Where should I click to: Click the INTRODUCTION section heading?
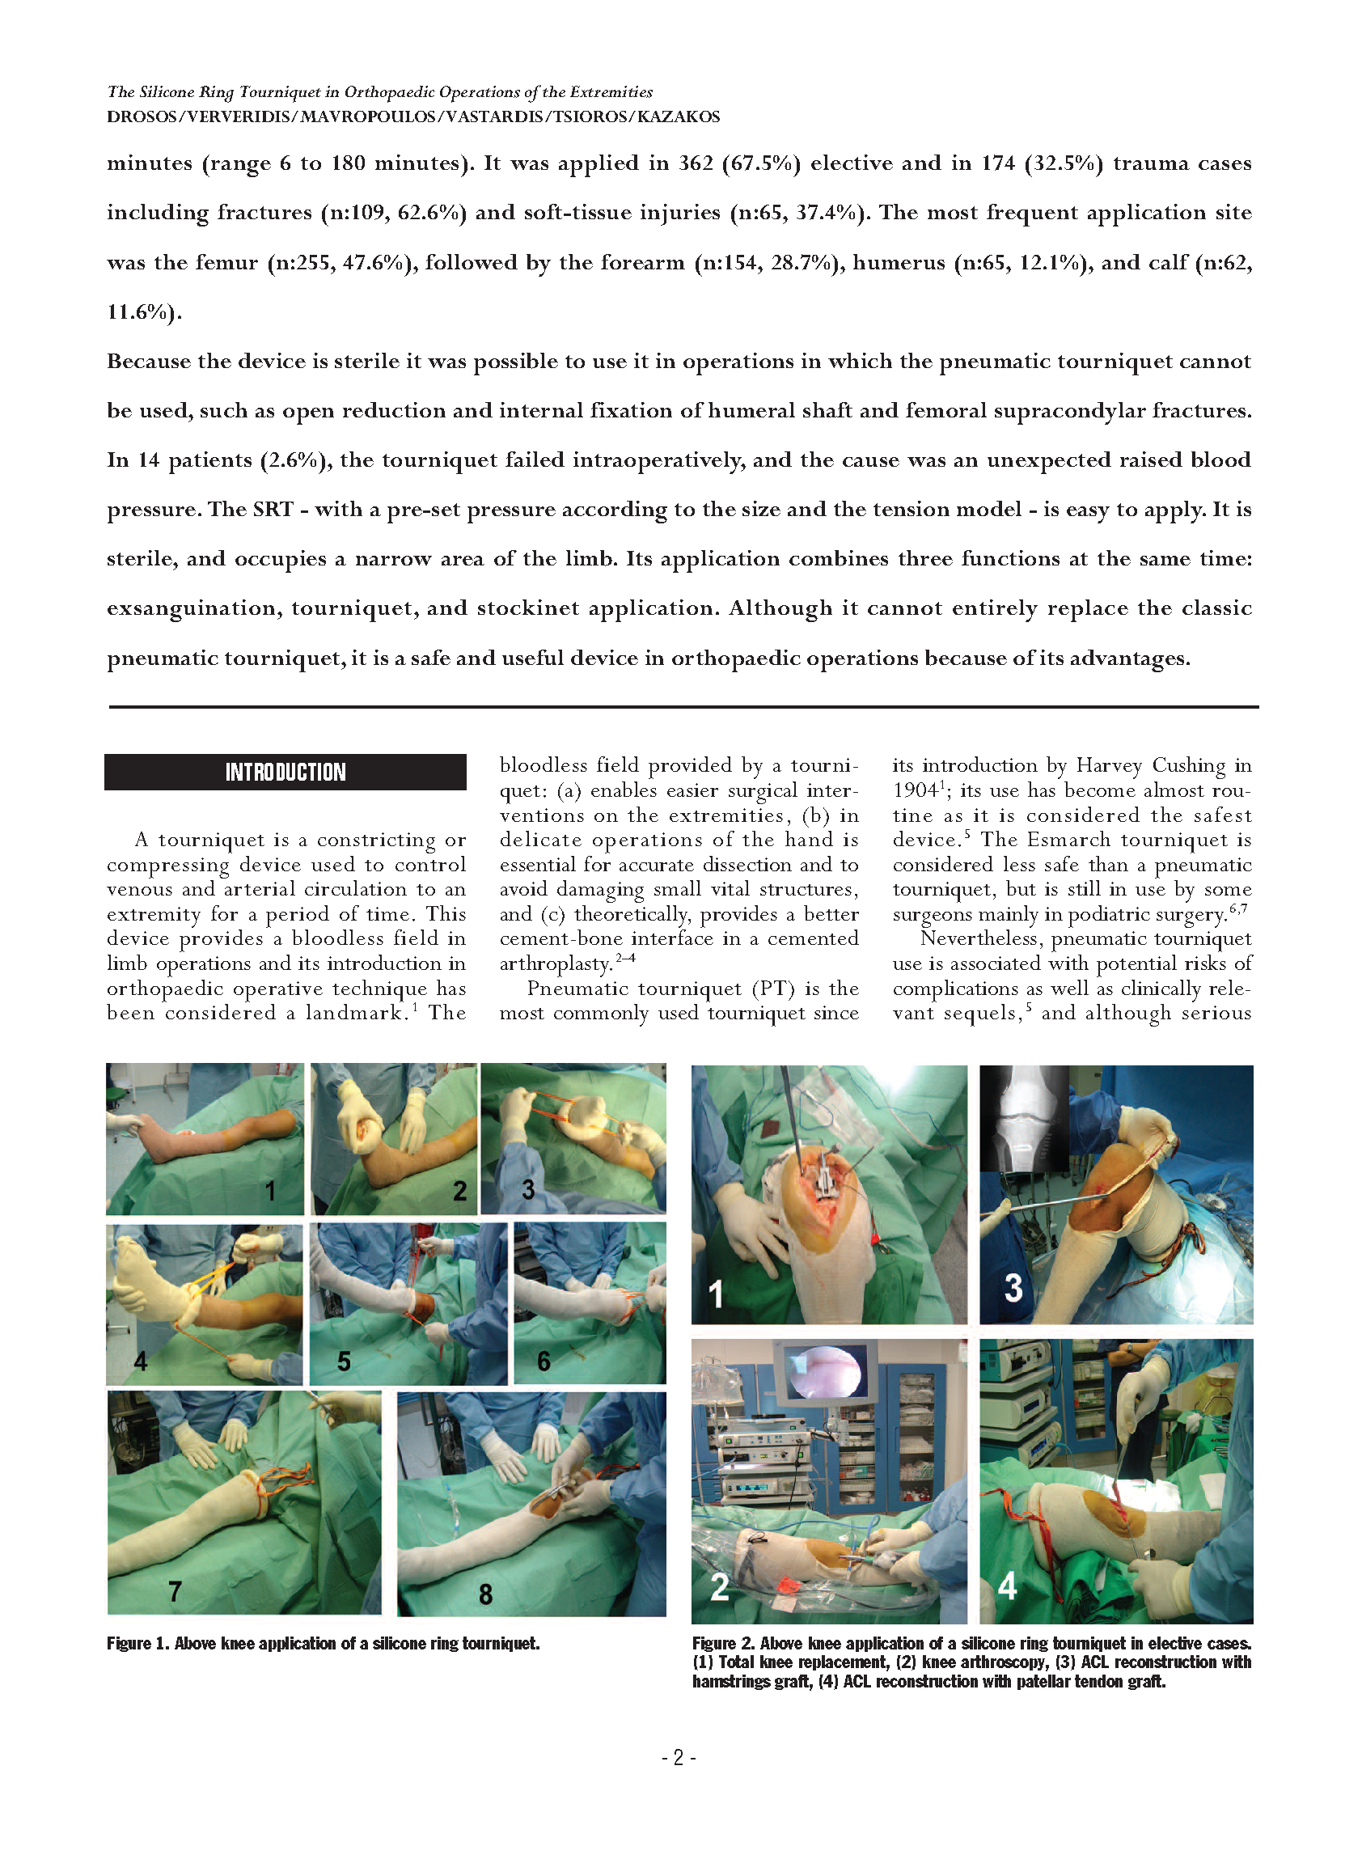tap(286, 773)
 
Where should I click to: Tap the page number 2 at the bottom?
tap(679, 1759)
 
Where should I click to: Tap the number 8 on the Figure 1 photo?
tap(485, 1594)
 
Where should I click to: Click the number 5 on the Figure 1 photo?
tap(344, 1361)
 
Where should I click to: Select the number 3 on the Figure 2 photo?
tap(1013, 1287)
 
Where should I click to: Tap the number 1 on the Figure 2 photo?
tap(716, 1294)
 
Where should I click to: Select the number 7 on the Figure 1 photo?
tap(175, 1591)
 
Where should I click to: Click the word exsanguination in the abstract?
tap(194, 608)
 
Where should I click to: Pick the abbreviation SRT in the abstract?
tap(273, 510)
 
